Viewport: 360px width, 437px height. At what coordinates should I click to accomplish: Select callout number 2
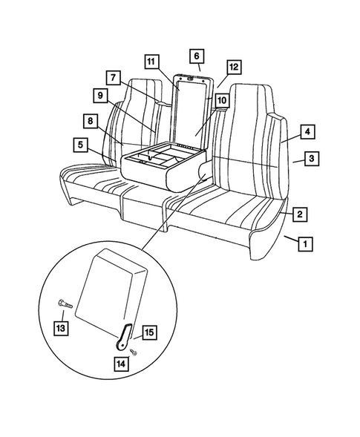(x=298, y=215)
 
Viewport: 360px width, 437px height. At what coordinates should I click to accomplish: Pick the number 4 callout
(x=306, y=132)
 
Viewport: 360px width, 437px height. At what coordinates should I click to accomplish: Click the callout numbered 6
(x=197, y=56)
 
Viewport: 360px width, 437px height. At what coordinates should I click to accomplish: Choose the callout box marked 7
(x=114, y=76)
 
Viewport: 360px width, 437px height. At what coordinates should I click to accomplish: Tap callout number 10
(x=221, y=99)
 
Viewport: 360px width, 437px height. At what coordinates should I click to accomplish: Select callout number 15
(x=148, y=332)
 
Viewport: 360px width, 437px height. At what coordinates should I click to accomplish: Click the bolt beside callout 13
(x=62, y=303)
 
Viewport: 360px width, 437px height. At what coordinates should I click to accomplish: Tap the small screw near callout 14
(x=131, y=352)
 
